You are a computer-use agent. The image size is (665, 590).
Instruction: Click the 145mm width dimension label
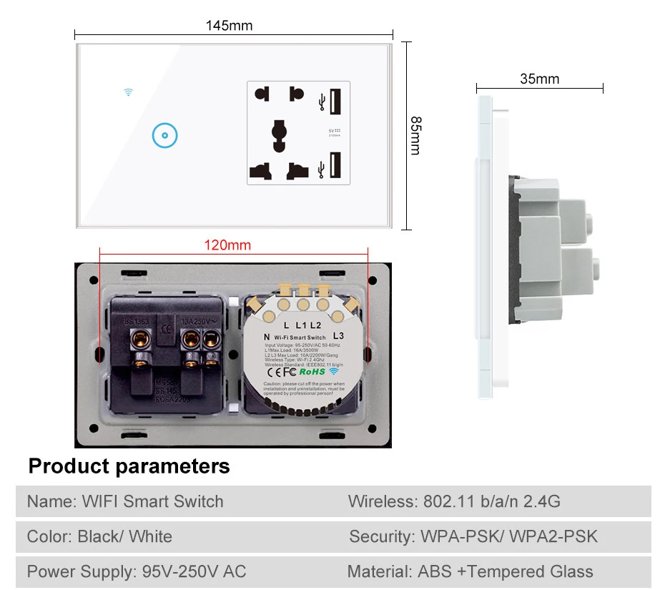coord(230,26)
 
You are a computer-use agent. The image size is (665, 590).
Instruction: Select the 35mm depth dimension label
coord(539,79)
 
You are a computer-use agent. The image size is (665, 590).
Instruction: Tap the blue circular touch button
coord(164,135)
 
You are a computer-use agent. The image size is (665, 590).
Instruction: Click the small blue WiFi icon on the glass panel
coord(129,92)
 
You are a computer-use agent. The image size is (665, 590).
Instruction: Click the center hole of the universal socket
coord(278,134)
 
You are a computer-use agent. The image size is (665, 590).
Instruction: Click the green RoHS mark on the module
coord(312,371)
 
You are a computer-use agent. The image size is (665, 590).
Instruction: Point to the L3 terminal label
coord(339,335)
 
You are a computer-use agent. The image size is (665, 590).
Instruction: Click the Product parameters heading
coord(129,466)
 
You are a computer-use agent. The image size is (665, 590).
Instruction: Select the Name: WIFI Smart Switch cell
coord(125,501)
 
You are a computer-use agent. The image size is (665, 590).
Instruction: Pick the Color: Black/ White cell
coord(99,536)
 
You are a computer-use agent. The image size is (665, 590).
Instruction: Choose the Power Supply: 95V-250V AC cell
coord(137,571)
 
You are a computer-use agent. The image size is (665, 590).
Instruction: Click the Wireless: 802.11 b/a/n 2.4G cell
coord(454,501)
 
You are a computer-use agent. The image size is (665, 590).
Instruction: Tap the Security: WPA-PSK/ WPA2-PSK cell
coord(473,536)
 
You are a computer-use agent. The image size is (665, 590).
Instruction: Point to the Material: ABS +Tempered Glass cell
coord(470,571)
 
